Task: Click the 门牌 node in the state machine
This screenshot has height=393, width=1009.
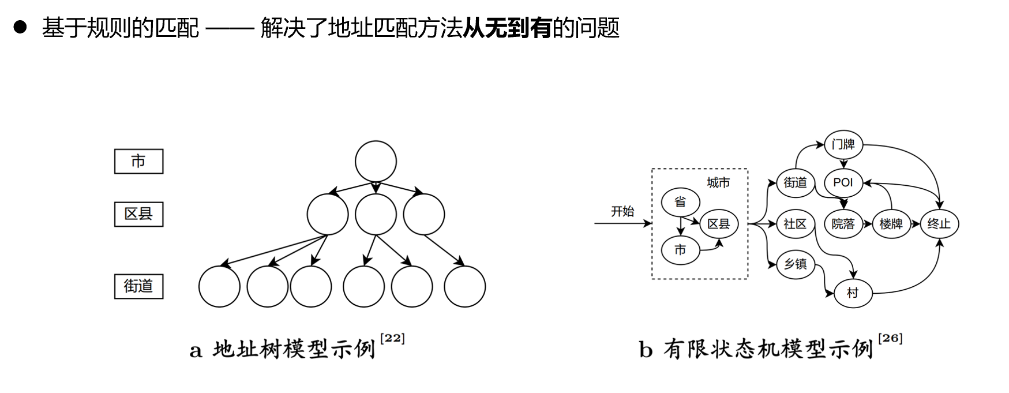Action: click(x=843, y=144)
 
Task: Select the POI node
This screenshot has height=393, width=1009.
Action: click(x=843, y=182)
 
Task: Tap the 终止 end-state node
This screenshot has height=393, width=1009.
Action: click(x=939, y=224)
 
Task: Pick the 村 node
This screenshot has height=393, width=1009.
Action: click(x=853, y=293)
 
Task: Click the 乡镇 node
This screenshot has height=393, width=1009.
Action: click(x=795, y=264)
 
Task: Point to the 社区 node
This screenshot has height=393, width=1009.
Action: click(x=795, y=224)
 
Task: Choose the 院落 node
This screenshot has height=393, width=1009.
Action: click(x=843, y=224)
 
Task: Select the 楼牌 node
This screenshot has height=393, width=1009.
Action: click(x=891, y=224)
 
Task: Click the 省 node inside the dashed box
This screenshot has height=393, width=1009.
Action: click(x=680, y=202)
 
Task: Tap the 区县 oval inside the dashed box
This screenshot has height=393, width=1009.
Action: click(x=719, y=224)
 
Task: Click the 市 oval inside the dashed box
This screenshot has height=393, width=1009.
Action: click(x=680, y=250)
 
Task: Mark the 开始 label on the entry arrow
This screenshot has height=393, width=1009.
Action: click(x=622, y=211)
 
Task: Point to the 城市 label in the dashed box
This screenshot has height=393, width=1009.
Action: click(x=718, y=183)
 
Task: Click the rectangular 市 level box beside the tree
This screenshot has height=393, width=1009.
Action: click(x=138, y=161)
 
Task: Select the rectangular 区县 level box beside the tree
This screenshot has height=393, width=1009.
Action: click(x=138, y=214)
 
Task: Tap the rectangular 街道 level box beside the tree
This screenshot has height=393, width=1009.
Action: click(x=138, y=286)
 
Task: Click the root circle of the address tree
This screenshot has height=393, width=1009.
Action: click(x=376, y=162)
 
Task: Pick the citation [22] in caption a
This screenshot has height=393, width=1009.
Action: click(x=392, y=339)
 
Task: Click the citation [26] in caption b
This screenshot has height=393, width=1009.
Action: click(x=890, y=339)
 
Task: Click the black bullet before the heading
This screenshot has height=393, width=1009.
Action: click(x=20, y=27)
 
